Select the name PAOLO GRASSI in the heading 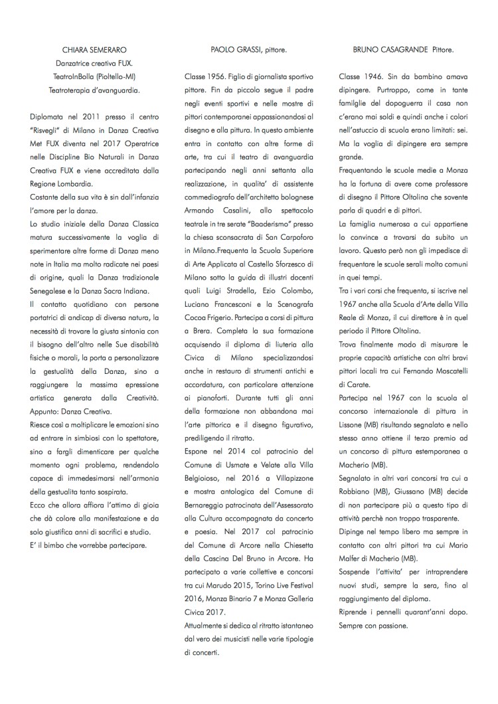(x=233, y=50)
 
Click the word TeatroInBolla (x=73, y=77)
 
